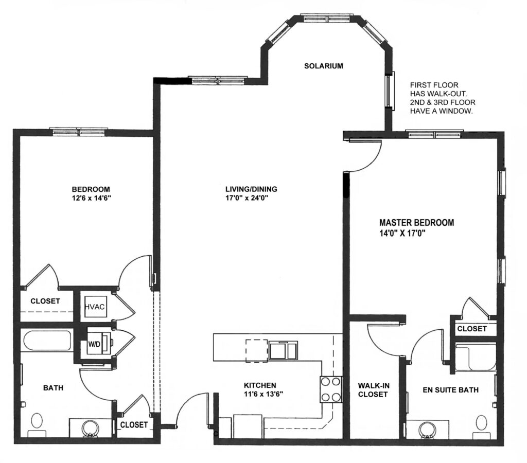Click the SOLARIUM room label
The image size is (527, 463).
click(324, 66)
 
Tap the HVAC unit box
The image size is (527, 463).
click(96, 307)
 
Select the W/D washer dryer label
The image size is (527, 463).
click(95, 344)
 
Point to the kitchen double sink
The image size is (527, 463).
click(283, 350)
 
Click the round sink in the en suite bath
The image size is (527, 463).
click(428, 431)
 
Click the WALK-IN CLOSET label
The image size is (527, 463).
click(374, 390)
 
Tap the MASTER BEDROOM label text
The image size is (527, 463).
click(416, 222)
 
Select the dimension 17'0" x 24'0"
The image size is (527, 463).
click(247, 198)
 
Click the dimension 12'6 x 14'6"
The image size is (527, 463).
click(92, 198)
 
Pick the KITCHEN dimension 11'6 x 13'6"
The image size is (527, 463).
click(264, 394)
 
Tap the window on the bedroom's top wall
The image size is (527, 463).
click(79, 132)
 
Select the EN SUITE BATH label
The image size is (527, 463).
click(450, 390)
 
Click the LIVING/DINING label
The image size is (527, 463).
click(251, 189)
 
